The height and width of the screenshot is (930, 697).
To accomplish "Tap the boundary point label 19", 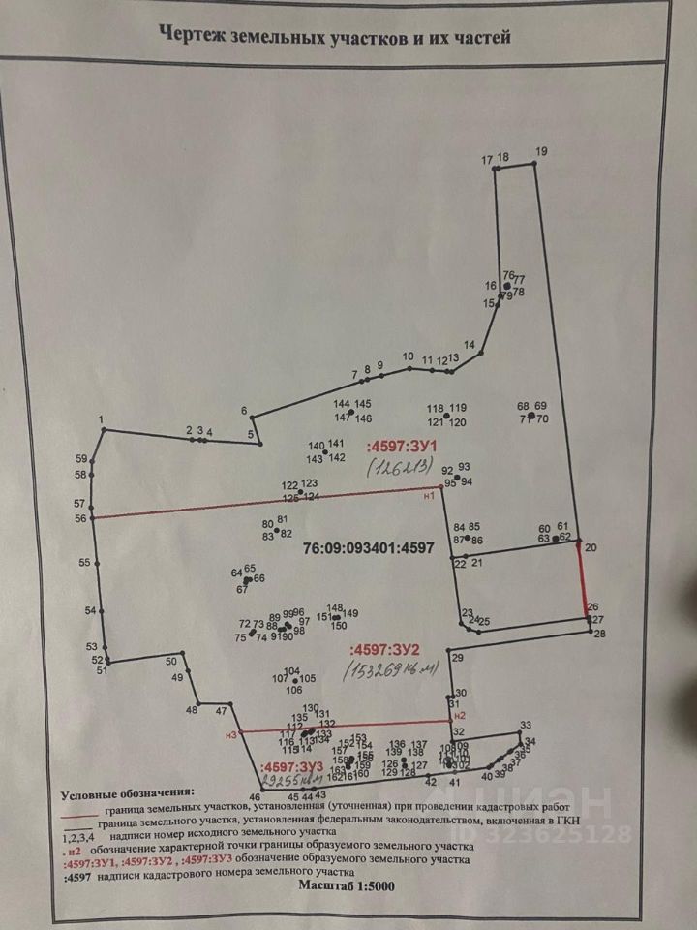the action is click(x=540, y=150).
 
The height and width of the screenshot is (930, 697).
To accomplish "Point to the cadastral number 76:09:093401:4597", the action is click(x=369, y=547).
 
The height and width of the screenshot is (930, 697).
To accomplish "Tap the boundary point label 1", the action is click(x=101, y=418).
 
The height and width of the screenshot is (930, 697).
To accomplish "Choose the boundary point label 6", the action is click(x=244, y=410).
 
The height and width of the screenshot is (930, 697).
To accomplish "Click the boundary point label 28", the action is click(x=599, y=635).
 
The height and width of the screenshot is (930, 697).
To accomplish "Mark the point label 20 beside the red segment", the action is click(x=591, y=548).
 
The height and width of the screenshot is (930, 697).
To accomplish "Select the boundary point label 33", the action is click(x=526, y=725).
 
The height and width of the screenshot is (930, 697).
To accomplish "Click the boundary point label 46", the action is click(x=255, y=796).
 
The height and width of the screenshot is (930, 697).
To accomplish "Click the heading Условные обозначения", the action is click(x=128, y=793).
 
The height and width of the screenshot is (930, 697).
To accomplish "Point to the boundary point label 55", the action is click(x=85, y=563).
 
